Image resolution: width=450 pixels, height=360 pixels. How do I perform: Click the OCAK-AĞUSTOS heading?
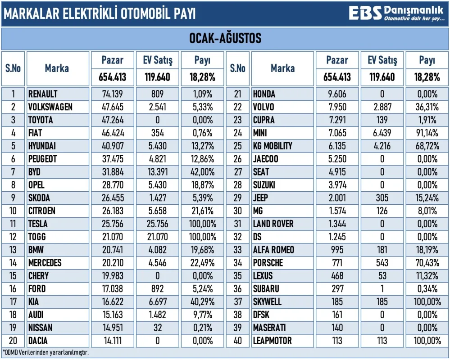click(225, 39)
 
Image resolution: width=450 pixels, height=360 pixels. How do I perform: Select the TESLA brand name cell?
click(38, 224)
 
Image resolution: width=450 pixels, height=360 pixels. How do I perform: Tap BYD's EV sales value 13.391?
click(157, 172)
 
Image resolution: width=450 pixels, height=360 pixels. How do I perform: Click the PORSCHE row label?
click(268, 263)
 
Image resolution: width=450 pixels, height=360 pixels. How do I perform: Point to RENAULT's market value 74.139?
click(113, 94)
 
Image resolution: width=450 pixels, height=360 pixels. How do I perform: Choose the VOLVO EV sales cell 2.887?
click(382, 107)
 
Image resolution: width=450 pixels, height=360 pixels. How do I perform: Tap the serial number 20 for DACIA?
click(13, 341)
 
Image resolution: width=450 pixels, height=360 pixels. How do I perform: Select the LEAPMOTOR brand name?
click(272, 341)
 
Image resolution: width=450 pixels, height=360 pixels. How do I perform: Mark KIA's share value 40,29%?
click(202, 301)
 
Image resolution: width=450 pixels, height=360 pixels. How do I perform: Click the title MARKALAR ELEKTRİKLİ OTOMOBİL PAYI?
click(100, 13)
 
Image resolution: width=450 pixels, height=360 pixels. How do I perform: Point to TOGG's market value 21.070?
click(113, 237)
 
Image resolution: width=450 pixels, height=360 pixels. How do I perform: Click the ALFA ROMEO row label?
click(273, 250)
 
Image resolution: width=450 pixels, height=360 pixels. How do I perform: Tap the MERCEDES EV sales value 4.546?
click(157, 263)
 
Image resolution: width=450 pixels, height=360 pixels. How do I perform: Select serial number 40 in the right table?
click(237, 341)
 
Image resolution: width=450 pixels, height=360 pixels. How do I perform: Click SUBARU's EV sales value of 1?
click(382, 288)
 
